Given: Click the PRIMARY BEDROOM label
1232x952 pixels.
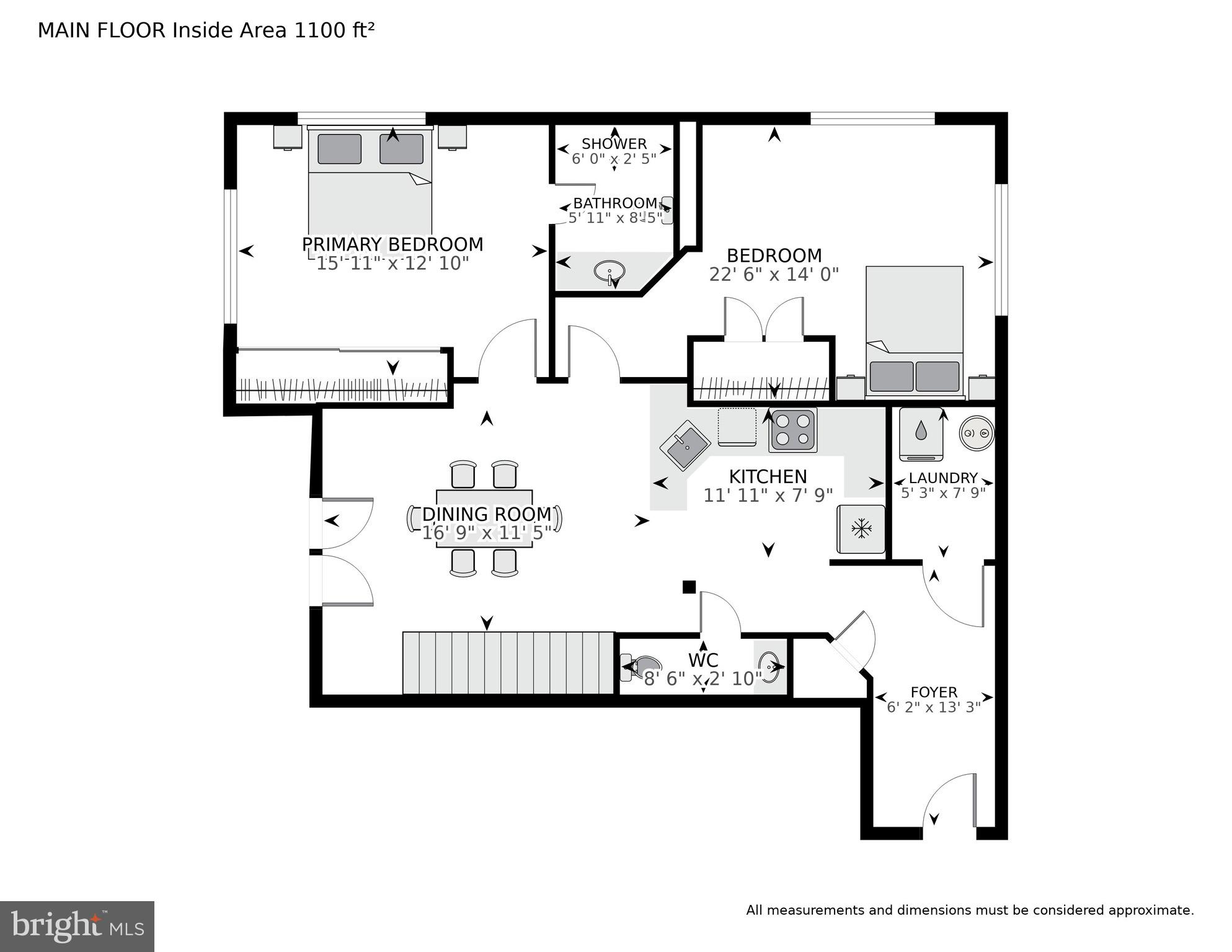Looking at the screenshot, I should coord(392,244).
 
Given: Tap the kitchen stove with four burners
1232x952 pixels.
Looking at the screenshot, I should coord(793,430).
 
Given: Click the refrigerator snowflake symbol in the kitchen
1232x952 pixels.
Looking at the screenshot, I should coord(861,529).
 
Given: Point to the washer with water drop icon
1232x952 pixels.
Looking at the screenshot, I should coord(921,434).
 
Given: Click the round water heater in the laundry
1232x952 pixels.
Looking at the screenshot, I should coord(977,433).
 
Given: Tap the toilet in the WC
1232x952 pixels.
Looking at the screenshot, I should coord(639,667).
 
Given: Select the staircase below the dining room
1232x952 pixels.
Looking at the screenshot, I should coord(508,663).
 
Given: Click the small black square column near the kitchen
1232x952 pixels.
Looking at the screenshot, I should coord(689,587).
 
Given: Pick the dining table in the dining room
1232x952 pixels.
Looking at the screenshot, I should coord(484,518).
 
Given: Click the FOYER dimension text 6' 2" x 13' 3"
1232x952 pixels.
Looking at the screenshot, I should coord(934,707).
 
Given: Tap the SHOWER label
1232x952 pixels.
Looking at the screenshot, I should coord(614,144).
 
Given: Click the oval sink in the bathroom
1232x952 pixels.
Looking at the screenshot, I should coord(609,271).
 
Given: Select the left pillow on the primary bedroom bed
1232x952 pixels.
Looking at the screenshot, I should coord(339,149).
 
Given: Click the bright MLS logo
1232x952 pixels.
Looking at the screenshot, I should coord(77,926).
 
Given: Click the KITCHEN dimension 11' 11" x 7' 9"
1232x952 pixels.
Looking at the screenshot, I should coord(768,495).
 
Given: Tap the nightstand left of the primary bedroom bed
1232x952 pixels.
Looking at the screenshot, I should coord(288,137).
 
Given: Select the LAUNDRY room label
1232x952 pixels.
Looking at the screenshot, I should coord(943,478).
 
